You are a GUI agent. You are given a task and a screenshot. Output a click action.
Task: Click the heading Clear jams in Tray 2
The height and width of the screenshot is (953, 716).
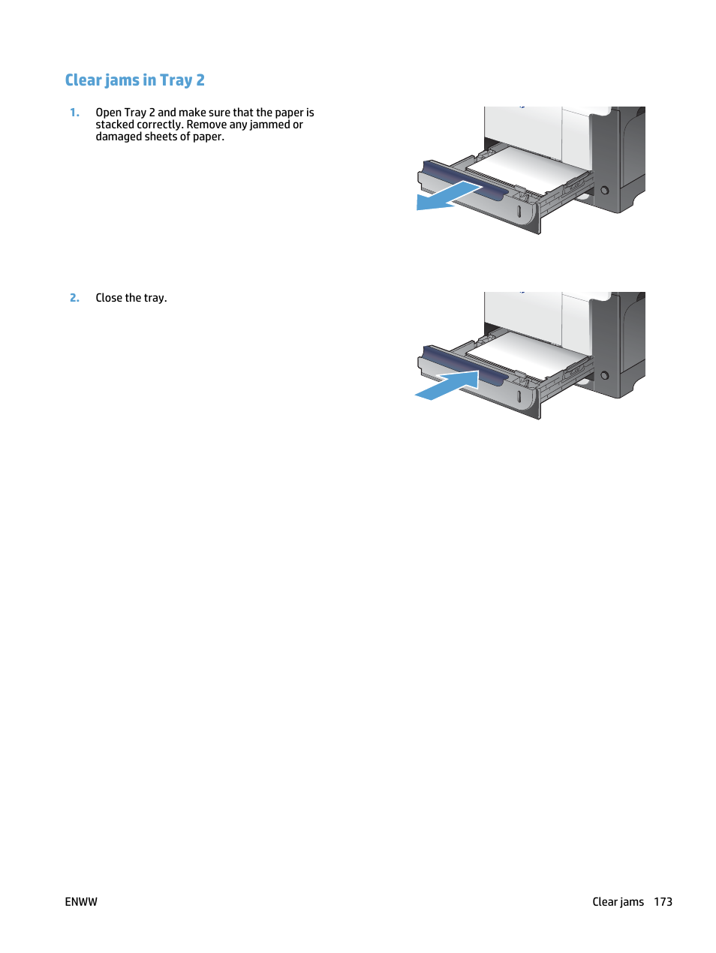[134, 80]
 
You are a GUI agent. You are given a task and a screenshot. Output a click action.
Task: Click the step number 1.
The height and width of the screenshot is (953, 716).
[74, 113]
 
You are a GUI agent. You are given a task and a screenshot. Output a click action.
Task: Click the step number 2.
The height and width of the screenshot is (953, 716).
[74, 298]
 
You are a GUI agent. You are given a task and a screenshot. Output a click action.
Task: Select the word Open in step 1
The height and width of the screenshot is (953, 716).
[108, 113]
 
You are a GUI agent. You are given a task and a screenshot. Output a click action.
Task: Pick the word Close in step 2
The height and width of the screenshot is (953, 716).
[109, 298]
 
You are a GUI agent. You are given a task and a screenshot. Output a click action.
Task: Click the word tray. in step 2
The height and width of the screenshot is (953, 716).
[155, 298]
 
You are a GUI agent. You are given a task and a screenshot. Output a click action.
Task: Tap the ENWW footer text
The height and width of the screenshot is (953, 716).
[81, 902]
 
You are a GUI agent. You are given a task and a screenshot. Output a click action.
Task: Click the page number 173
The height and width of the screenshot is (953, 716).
[663, 902]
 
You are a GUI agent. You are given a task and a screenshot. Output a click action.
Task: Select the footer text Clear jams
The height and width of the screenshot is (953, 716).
[618, 902]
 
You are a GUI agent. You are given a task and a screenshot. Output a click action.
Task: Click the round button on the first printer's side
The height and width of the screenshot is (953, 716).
[605, 191]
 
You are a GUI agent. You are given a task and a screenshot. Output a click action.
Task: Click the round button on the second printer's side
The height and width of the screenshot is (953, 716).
[605, 375]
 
